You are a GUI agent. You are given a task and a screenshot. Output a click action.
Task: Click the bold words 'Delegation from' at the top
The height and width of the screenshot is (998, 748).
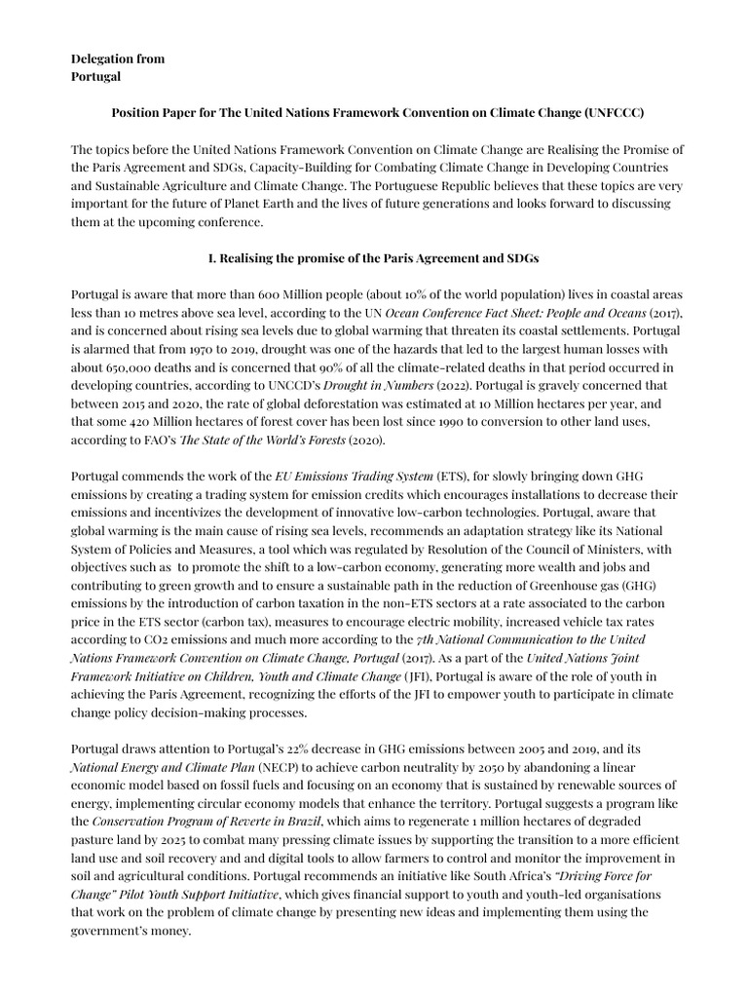click(118, 58)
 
